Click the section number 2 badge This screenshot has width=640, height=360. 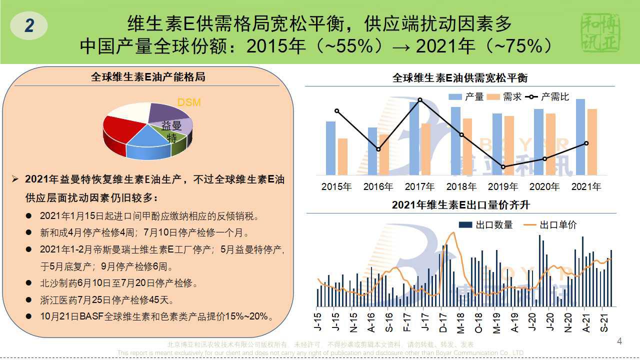(29, 25)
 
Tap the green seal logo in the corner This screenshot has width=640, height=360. (600, 32)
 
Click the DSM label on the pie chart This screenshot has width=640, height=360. (189, 102)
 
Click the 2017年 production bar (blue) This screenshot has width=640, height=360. (414, 138)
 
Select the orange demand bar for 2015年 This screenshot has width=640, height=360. (342, 156)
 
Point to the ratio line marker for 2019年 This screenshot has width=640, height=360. (503, 167)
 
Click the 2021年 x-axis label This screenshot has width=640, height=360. (586, 187)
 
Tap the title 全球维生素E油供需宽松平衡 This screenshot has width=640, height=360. (460, 78)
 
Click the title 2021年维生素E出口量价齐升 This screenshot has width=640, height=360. (460, 205)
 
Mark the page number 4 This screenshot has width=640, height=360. (620, 341)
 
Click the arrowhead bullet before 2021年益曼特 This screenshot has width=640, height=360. (15, 179)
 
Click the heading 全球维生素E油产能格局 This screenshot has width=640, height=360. (148, 77)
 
